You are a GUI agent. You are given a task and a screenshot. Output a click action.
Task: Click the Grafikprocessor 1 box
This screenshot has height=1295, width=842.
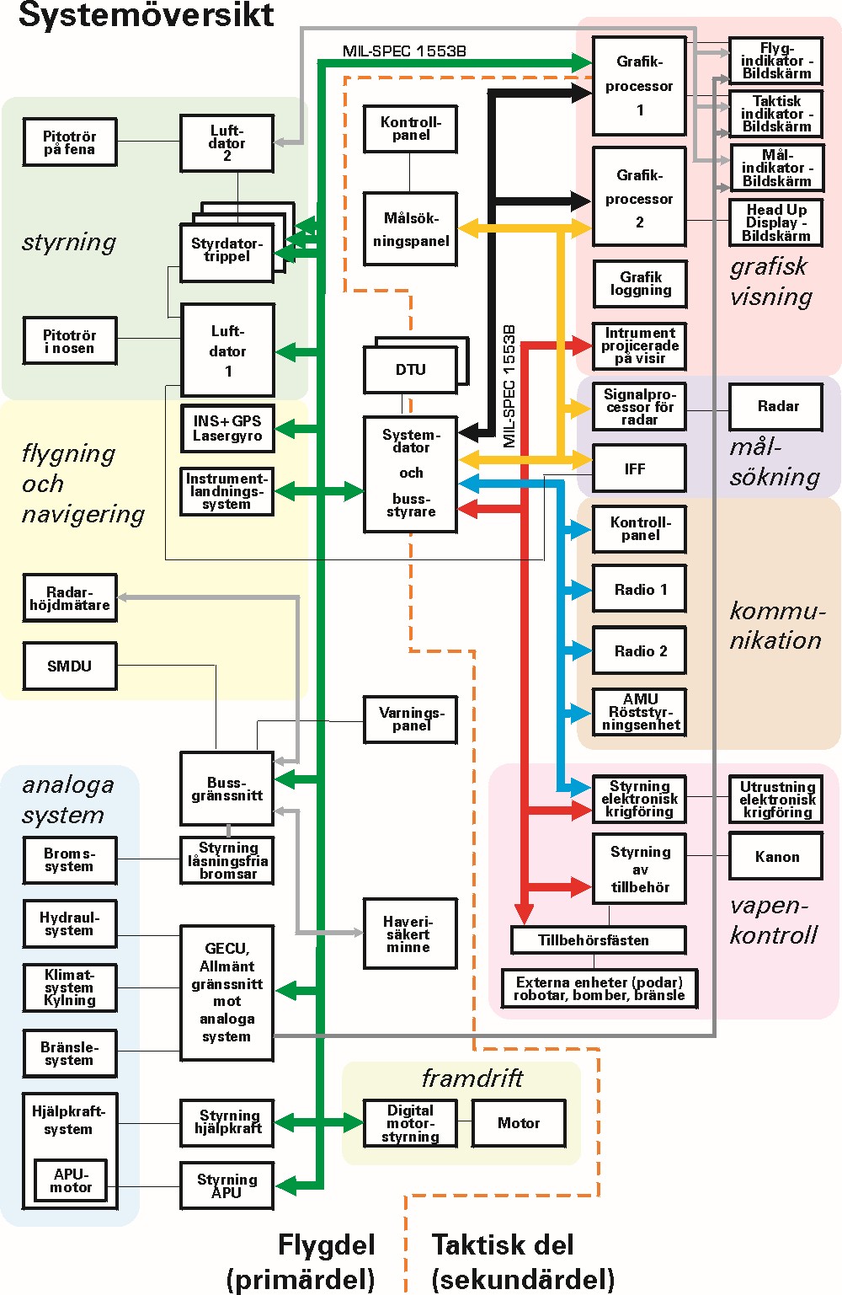point(639,85)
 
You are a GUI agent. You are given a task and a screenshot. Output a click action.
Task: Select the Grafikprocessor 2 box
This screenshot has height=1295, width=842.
point(639,197)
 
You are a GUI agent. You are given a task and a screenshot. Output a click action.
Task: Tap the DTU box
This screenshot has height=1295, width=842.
point(411,370)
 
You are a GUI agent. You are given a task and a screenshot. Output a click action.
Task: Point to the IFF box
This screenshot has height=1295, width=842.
point(639,468)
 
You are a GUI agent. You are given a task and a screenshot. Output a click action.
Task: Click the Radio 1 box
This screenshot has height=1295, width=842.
point(640,590)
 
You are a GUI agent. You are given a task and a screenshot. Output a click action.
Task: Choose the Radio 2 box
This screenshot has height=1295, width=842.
point(640,650)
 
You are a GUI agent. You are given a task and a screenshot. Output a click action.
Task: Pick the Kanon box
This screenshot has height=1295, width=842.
point(776,857)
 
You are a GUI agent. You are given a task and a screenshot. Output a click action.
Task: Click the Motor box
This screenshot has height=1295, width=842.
point(519,1123)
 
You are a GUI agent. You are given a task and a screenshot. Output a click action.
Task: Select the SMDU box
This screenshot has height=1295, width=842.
point(70,666)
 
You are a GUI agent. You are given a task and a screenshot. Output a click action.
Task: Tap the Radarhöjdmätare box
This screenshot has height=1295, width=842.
point(70,598)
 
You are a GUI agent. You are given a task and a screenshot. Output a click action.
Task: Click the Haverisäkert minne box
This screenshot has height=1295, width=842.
point(410,934)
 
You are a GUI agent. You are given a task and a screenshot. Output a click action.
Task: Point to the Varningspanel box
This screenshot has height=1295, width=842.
point(411,719)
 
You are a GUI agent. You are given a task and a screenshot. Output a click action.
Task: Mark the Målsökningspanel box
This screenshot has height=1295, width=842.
point(411,229)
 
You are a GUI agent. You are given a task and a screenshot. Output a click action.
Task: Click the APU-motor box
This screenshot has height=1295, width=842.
point(71,1181)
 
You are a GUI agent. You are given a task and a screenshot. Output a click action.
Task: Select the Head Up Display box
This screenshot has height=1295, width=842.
point(775,222)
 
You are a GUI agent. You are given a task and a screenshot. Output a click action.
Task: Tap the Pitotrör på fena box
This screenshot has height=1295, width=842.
point(70,142)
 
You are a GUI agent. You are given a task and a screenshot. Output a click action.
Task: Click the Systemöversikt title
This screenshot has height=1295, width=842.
point(147,15)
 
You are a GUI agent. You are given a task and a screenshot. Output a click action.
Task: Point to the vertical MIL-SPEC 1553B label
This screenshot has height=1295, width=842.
point(509,386)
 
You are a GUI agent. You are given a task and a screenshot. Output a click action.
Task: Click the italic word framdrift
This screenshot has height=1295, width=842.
point(472,1078)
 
